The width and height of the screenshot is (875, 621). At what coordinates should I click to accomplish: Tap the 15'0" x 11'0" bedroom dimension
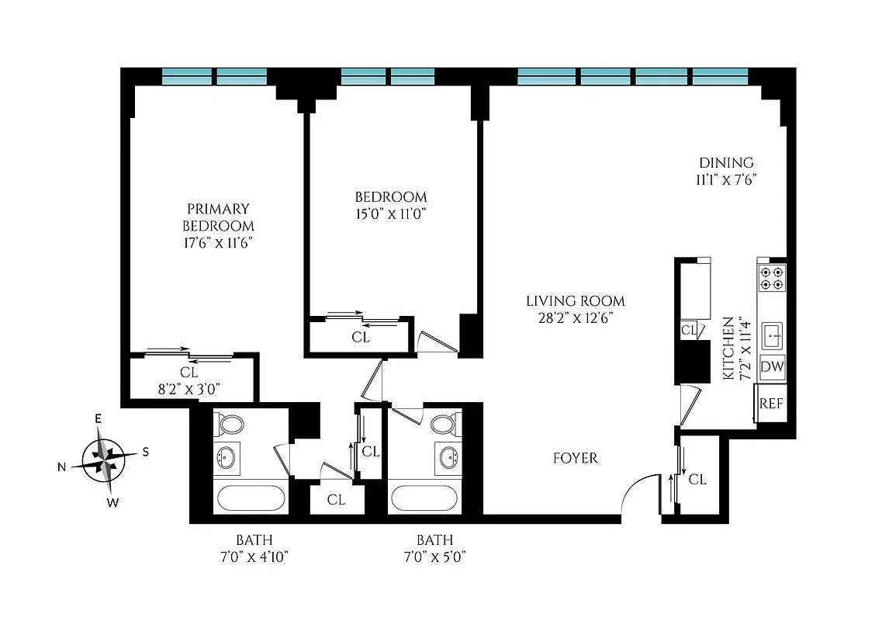click(x=390, y=213)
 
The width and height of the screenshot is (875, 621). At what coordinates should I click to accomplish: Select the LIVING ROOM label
click(x=575, y=301)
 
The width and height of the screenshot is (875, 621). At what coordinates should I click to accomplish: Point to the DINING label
click(x=726, y=163)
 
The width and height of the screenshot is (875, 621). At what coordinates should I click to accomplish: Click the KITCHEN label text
click(x=728, y=347)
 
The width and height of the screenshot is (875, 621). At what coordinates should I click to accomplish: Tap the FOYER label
click(x=575, y=458)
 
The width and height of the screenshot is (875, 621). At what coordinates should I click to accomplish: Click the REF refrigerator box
click(x=770, y=404)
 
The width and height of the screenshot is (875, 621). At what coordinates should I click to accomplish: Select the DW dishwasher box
click(x=772, y=366)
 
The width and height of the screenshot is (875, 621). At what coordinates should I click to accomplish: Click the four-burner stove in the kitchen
click(x=771, y=278)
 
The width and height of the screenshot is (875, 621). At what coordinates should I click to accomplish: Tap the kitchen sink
click(x=772, y=336)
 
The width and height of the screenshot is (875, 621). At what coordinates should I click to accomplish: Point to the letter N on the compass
click(x=61, y=467)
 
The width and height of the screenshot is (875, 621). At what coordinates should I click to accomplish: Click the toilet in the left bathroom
click(x=230, y=425)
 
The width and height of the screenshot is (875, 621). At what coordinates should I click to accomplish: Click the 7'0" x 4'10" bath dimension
click(x=254, y=556)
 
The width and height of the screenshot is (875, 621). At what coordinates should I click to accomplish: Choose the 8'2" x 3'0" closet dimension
click(x=189, y=388)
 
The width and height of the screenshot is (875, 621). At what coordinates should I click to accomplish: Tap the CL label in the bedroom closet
click(x=360, y=338)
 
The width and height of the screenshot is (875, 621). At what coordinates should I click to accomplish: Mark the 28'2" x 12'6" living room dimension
click(x=575, y=317)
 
